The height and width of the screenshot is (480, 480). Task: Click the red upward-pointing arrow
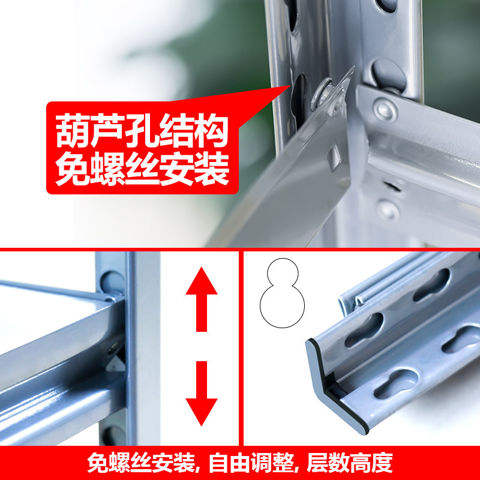click(202, 298)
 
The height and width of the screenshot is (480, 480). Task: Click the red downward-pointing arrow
click(202, 394)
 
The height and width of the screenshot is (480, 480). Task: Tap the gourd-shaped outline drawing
click(282, 293)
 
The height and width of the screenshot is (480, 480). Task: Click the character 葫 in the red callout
click(73, 130)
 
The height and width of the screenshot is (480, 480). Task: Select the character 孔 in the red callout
click(142, 130)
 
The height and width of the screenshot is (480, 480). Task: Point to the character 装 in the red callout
click(212, 169)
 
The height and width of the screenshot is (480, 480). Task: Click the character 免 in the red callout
click(73, 169)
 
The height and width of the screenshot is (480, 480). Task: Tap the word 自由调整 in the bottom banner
click(251, 463)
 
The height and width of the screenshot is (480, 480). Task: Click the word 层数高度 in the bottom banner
click(350, 463)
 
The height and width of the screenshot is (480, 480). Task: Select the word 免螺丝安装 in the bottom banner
click(141, 463)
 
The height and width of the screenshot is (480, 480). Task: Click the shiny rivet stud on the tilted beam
click(322, 94)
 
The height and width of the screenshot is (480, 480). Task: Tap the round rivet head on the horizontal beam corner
click(385, 110)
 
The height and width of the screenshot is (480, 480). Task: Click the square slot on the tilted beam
click(334, 158)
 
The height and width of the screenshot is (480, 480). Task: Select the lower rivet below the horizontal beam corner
click(388, 209)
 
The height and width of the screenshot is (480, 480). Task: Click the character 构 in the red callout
click(212, 130)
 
